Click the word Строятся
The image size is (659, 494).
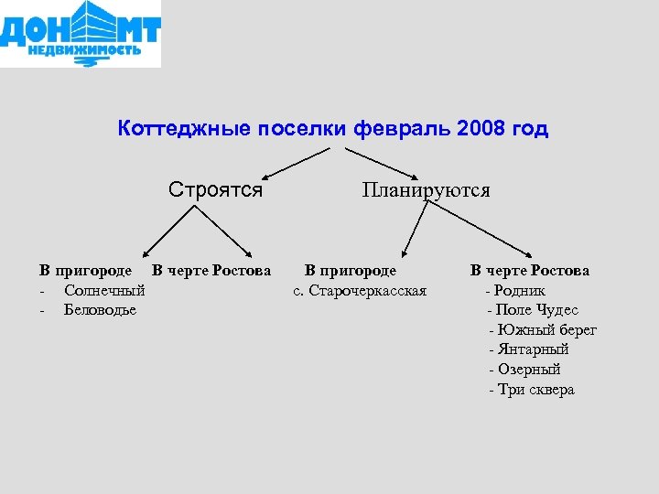(x=216, y=190)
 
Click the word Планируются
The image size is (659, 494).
(x=426, y=191)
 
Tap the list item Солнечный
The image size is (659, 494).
(x=104, y=290)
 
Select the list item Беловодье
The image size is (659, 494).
(x=100, y=309)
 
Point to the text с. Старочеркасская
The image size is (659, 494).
(x=360, y=291)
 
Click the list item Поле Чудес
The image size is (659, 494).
(x=536, y=310)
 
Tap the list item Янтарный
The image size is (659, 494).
(x=534, y=349)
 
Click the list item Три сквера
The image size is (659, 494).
(x=536, y=390)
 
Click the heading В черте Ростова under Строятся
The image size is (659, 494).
(x=211, y=271)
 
